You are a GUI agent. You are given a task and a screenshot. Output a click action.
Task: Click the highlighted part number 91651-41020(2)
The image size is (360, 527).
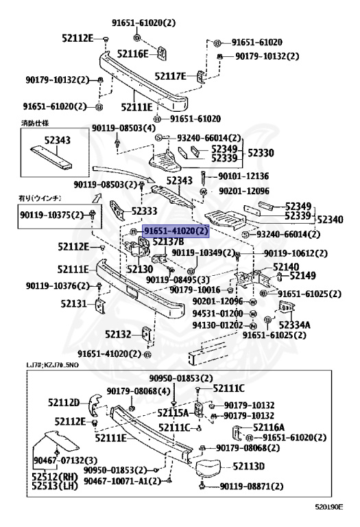point(174,232)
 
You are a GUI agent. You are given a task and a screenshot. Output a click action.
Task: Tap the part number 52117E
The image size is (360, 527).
point(170,76)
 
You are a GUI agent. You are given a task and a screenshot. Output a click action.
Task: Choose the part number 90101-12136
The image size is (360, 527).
point(243,176)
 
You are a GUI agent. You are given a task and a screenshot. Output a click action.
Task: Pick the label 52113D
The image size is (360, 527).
point(250,467)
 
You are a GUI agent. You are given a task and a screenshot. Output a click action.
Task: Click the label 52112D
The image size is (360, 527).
point(64,402)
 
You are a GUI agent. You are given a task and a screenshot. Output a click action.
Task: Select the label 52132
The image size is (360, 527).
point(119,334)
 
